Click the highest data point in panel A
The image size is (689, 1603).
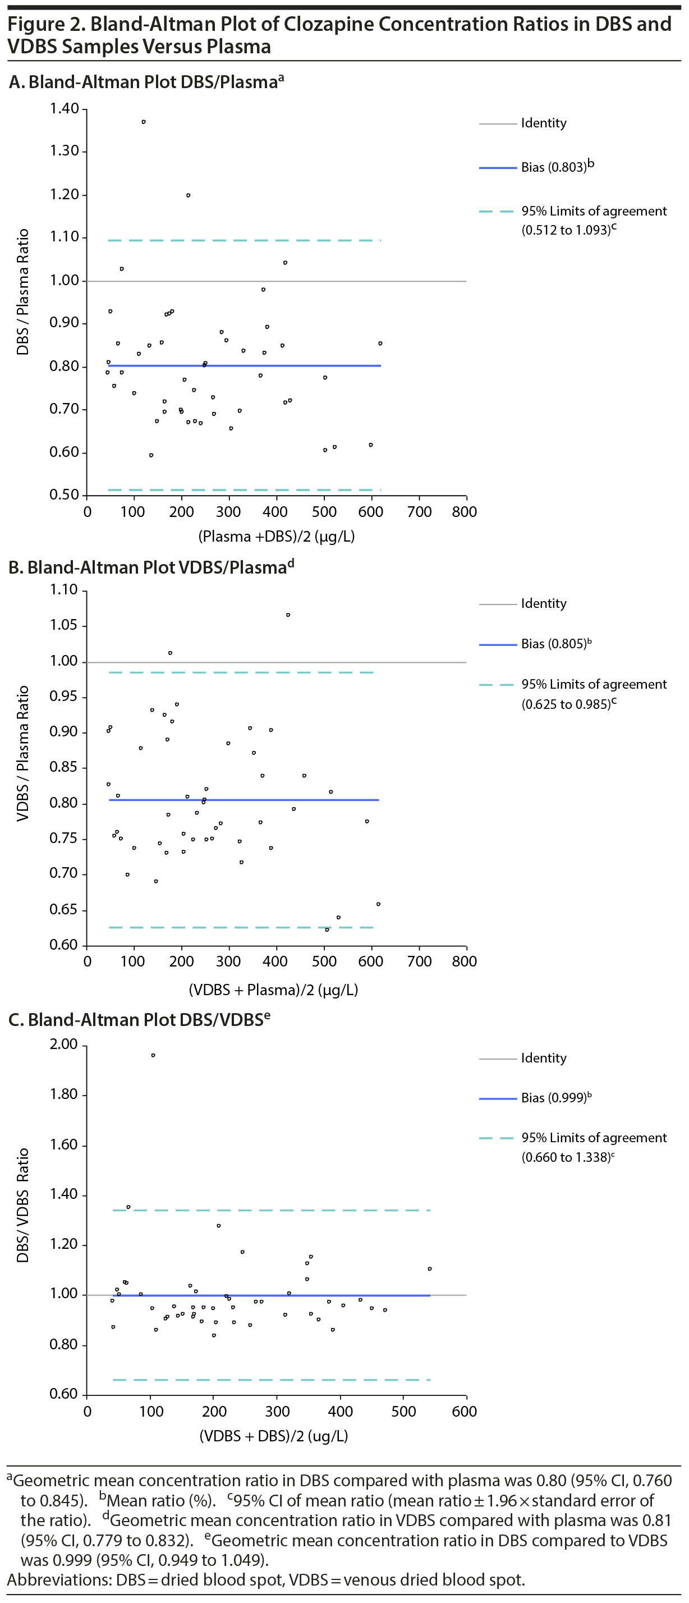(x=144, y=122)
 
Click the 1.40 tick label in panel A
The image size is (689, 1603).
(x=65, y=109)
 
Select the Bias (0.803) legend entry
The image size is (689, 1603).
(x=553, y=167)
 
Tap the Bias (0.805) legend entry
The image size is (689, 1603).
(x=553, y=644)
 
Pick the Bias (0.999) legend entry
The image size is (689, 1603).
(x=553, y=1098)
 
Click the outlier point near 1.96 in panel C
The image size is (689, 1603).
(x=153, y=1055)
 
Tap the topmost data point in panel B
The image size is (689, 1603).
(x=288, y=615)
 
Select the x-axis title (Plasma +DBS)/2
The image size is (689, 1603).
(x=276, y=537)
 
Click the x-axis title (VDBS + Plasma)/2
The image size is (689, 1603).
(x=273, y=990)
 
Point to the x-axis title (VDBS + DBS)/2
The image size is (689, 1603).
(x=273, y=1436)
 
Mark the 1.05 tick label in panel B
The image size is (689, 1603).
(x=64, y=625)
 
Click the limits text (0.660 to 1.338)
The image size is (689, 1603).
(x=566, y=1157)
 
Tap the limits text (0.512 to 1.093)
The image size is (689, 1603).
(x=566, y=230)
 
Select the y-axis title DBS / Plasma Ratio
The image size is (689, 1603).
(x=23, y=292)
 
